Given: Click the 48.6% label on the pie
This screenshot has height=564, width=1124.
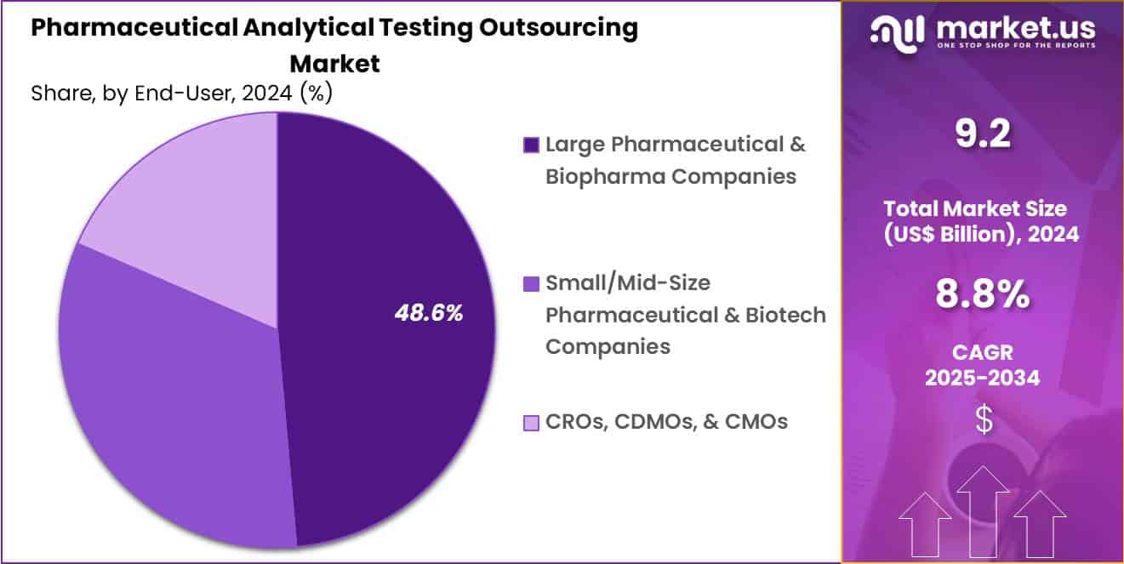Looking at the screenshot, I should tap(428, 313).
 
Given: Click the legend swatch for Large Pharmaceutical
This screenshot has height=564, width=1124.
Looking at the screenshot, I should tap(531, 145).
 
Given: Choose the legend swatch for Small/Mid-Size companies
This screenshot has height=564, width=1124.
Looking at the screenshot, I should tap(531, 283).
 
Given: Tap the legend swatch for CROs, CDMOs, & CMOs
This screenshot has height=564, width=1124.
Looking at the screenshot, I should tap(531, 422).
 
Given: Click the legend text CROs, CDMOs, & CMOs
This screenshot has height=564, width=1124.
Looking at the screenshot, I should tap(666, 421).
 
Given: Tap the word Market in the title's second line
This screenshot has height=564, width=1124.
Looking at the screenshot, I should tap(334, 64).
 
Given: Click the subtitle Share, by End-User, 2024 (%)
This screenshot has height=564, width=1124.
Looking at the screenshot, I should tap(181, 93).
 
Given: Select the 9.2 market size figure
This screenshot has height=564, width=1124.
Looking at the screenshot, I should tap(983, 134).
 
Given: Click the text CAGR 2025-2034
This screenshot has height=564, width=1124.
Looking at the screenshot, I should tap(983, 365).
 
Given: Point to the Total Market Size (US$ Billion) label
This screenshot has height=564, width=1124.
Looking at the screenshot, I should tap(983, 220).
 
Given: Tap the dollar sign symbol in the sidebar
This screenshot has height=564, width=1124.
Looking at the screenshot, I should tap(983, 420).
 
